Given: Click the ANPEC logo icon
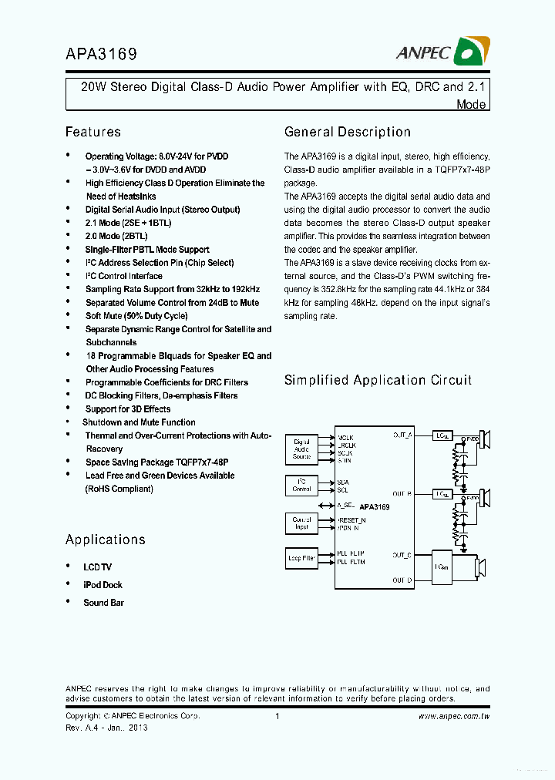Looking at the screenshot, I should (469, 52).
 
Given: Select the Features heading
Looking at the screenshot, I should (92, 132).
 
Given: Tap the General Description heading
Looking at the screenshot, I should (347, 132).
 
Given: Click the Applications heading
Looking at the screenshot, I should (105, 540).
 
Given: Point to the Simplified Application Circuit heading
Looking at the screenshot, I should (378, 380).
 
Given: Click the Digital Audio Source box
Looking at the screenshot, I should (301, 449).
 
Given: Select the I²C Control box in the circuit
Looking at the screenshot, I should (301, 486).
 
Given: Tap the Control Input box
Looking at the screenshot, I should (301, 523).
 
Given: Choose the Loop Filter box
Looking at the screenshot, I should (301, 558).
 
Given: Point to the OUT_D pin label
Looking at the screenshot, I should (402, 580).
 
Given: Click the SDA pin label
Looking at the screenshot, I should (343, 482).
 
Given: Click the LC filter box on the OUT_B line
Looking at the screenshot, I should (442, 494).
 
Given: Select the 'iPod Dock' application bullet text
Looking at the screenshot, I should (103, 585).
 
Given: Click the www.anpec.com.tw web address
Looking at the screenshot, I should (454, 717).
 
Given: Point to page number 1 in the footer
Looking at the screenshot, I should (277, 717).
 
